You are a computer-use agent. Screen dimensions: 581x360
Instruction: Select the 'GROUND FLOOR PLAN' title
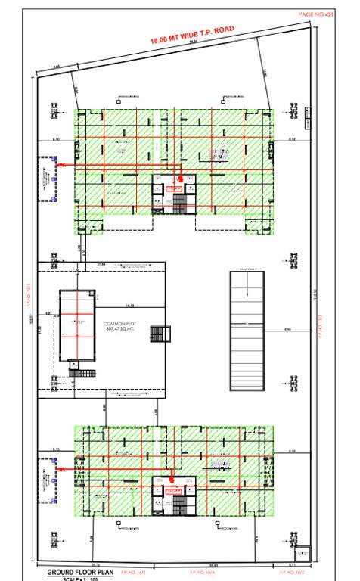[x=80, y=573]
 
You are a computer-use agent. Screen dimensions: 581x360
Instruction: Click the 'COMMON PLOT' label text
[x=118, y=323]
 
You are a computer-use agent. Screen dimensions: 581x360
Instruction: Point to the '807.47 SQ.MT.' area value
[x=118, y=330]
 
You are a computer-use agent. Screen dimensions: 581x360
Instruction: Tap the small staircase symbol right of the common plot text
[x=158, y=334]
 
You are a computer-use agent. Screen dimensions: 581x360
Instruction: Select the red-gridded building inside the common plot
[x=76, y=325]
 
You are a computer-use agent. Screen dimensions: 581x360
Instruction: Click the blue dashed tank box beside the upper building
[x=48, y=179]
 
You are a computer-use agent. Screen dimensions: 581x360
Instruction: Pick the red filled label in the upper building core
[x=174, y=188]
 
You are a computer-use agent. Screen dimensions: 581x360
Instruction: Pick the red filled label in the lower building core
[x=173, y=491]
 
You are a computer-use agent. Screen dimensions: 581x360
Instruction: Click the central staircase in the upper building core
[x=180, y=202]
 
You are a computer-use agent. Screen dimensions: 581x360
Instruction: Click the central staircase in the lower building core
[x=180, y=505]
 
